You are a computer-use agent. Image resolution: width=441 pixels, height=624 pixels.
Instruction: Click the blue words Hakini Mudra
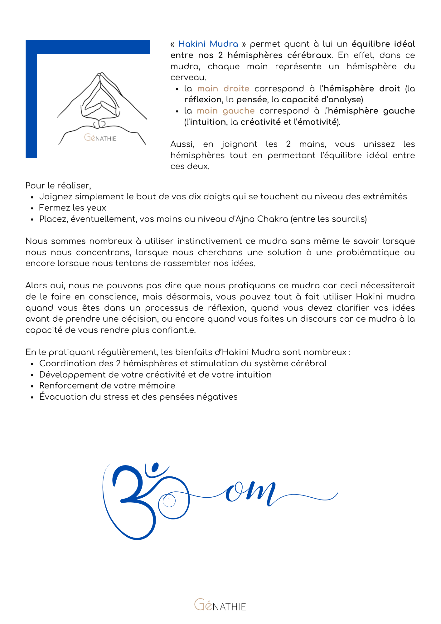pos(208,44)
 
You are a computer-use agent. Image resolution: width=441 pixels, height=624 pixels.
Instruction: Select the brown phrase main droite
pos(223,89)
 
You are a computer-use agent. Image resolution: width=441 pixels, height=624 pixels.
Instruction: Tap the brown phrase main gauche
pos(225,111)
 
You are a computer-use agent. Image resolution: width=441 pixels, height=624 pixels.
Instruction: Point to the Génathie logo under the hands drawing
pos(100,138)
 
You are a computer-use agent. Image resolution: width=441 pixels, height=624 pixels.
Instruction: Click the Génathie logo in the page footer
pos(220,605)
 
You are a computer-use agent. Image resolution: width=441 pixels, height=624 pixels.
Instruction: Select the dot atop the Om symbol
pos(155,467)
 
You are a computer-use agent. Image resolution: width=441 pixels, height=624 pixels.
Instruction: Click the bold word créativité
pos(260,122)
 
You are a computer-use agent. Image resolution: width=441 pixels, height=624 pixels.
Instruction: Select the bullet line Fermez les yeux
pos(72,208)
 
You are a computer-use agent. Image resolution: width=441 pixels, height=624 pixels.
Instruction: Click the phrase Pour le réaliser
pos(58,186)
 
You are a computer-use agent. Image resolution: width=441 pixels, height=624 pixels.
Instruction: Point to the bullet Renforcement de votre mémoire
pos(107,386)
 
